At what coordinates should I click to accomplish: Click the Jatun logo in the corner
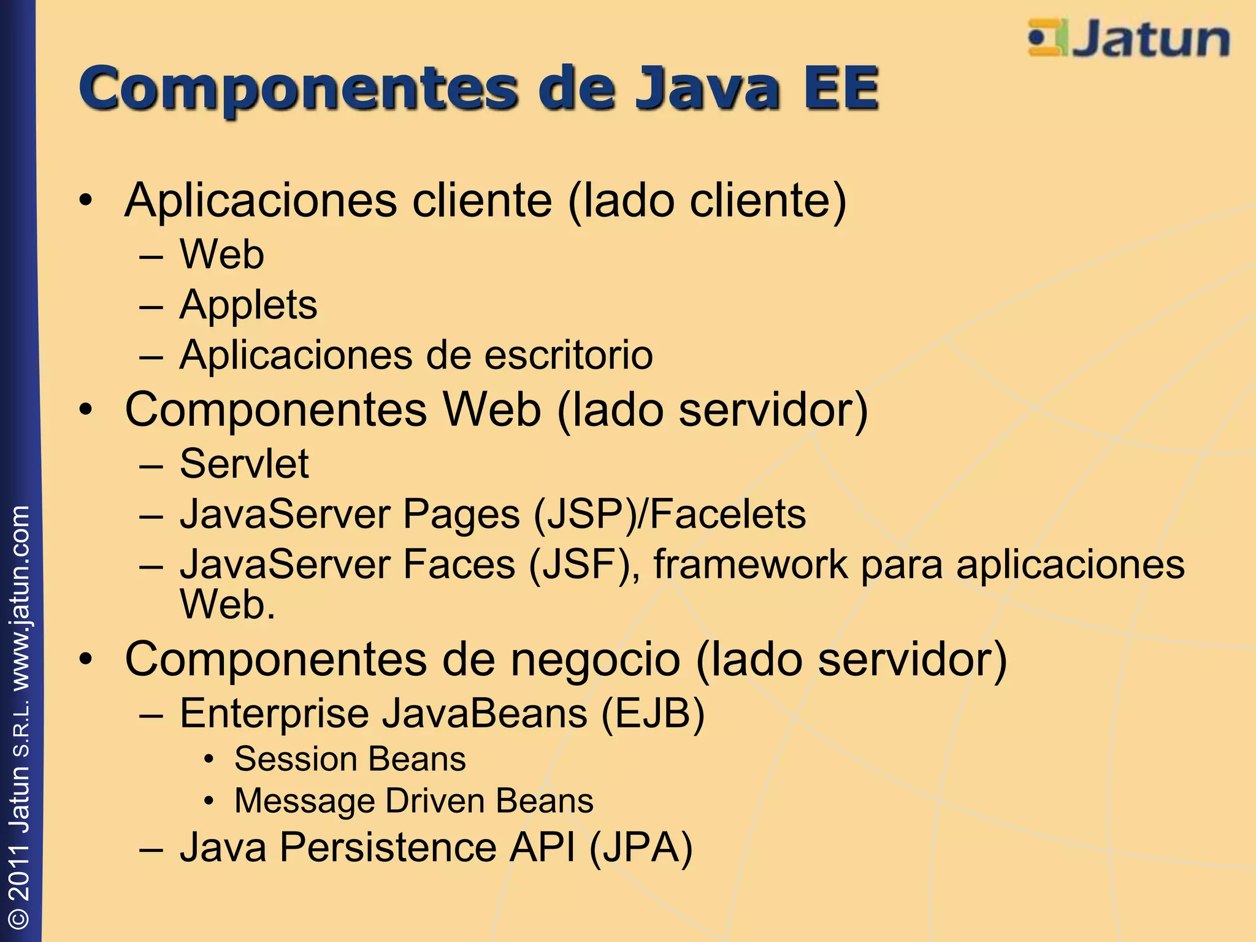point(1128,39)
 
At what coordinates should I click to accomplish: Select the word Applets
point(248,305)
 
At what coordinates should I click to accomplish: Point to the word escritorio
point(569,355)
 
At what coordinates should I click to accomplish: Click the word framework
point(750,564)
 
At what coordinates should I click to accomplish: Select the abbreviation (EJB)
point(653,713)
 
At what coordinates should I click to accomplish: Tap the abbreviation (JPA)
point(640,848)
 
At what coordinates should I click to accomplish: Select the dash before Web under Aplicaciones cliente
point(151,255)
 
